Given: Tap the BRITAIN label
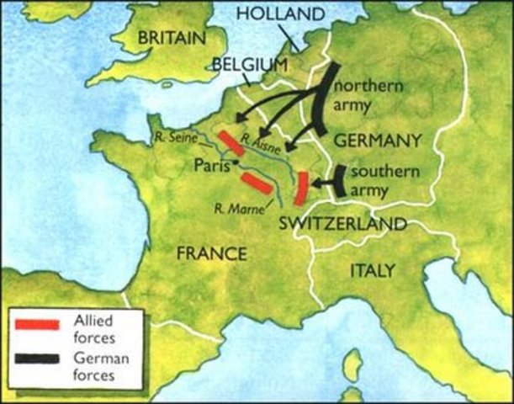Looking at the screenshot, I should point(171,38).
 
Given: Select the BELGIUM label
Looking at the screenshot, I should point(250,64).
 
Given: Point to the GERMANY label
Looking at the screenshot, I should point(377,140).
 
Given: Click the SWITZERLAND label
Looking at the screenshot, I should point(342,224).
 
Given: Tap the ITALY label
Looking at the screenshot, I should point(371,270).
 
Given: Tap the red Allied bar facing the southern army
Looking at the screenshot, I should point(299,188).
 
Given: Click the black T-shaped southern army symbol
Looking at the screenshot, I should point(335,181).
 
